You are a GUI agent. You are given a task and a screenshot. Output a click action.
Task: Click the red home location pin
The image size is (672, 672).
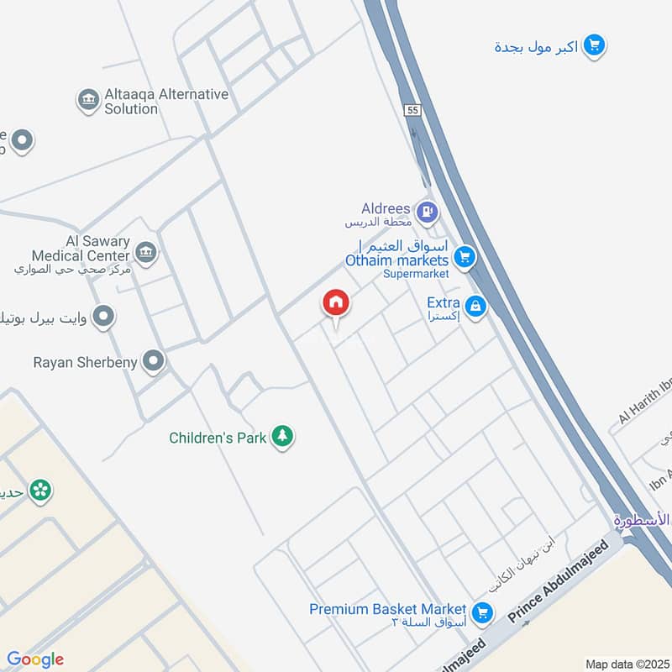336,302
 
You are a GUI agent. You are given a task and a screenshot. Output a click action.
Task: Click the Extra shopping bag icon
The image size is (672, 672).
476,307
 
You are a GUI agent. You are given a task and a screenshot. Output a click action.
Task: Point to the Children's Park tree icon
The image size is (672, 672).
283,436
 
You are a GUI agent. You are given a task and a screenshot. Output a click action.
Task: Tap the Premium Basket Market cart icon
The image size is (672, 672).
482,612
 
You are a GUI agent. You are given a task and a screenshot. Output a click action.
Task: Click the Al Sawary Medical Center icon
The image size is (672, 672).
146,252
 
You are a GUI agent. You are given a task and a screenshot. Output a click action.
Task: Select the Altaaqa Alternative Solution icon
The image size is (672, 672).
88,101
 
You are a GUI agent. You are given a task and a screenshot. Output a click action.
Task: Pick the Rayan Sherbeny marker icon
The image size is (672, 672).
154,362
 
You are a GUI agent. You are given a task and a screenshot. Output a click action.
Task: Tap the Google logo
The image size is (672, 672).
35,659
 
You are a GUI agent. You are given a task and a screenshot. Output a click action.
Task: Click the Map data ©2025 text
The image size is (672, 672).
625,664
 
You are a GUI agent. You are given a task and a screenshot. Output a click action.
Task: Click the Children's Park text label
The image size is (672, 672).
218,438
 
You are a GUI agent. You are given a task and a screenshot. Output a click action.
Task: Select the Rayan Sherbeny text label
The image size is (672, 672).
87,363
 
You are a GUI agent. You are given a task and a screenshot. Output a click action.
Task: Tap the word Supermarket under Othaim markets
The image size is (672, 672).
416,274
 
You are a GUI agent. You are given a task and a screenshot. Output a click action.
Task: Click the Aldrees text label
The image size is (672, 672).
386,208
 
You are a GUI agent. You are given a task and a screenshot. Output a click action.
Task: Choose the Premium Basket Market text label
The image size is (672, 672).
387,609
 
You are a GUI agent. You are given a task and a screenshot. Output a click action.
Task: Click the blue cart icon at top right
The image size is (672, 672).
594,46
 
